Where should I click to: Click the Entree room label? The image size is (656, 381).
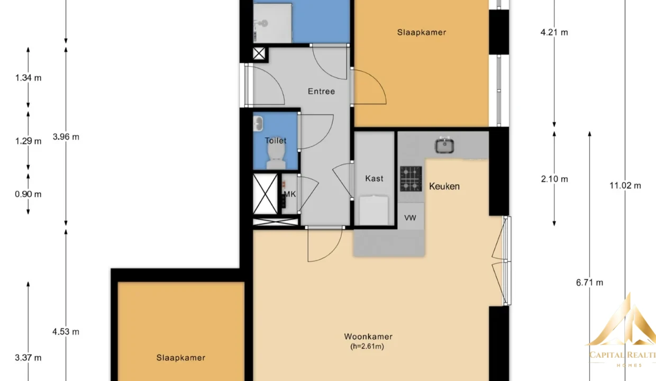pos(321,92)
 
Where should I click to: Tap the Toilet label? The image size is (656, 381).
pos(275,141)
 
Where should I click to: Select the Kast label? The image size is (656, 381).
pos(374,178)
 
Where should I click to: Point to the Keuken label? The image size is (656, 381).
pos(444,186)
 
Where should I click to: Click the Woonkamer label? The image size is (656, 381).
pos(368,337)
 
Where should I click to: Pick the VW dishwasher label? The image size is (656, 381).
pos(410,218)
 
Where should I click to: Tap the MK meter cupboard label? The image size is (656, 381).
pos(289,194)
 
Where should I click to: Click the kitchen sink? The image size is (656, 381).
pos(444,145)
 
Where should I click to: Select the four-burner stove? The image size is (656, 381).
pos(411,179)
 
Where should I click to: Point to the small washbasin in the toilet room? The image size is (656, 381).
pos(258,124)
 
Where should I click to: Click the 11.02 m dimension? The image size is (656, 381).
pos(625,186)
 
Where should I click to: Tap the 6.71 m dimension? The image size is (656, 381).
pos(589,283)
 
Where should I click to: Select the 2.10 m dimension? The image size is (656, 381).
pos(554,179)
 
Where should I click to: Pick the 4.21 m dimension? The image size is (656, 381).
pos(554,32)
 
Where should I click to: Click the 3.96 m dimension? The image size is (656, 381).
pos(66,137)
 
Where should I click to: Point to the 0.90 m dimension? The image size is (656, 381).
pos(28,194)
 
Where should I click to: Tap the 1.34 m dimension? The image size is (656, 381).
pos(28,78)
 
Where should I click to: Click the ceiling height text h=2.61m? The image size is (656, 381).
pos(367,347)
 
